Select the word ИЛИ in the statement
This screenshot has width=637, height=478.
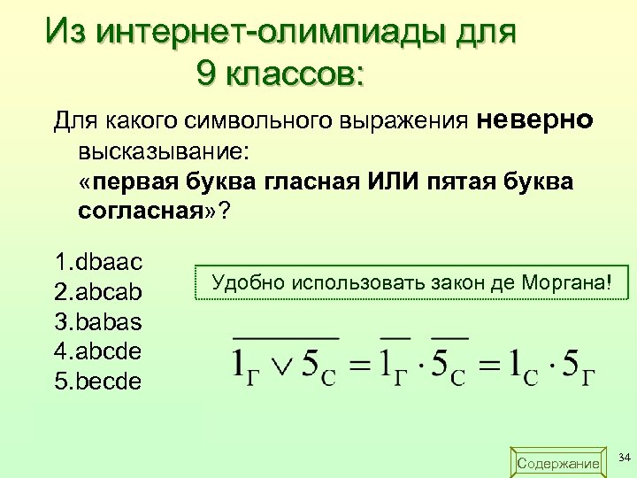coord(383,182)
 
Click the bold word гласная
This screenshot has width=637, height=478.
coord(306,182)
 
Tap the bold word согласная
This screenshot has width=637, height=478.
coord(139,213)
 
